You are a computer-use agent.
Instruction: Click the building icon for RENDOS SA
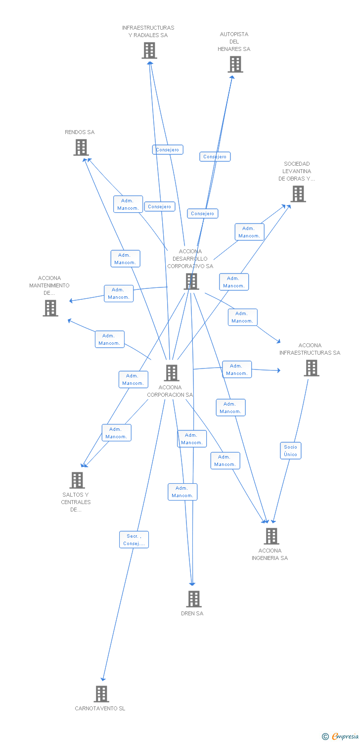[x=81, y=147]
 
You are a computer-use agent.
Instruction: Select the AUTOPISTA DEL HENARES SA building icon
[x=235, y=64]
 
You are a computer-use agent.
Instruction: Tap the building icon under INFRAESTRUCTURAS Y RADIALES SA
[x=149, y=50]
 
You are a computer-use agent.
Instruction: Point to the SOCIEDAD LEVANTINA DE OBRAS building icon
[x=298, y=194]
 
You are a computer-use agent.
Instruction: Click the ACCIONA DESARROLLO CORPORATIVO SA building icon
[x=191, y=281]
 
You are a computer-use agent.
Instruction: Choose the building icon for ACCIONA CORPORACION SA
[x=171, y=372]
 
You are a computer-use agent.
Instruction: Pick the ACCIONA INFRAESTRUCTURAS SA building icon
[x=311, y=368]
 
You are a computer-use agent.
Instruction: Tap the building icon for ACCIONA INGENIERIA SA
[x=271, y=536]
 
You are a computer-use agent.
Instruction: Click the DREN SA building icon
[x=194, y=599]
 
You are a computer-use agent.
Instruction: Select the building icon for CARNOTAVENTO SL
[x=101, y=694]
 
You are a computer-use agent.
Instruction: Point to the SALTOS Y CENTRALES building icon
[x=77, y=480]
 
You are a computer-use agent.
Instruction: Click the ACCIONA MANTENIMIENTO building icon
[x=50, y=308]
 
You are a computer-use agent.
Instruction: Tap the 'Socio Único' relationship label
[x=291, y=451]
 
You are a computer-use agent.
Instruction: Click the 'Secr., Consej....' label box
[x=134, y=540]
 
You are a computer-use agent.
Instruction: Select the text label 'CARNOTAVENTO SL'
[x=100, y=708]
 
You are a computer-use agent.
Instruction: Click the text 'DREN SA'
[x=192, y=613]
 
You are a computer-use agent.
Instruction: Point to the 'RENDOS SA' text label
[x=80, y=132]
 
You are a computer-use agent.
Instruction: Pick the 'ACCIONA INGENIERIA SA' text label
[x=270, y=554]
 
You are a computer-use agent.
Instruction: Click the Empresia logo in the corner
[x=341, y=737]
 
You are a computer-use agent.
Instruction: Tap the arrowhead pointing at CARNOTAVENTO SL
[x=103, y=679]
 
